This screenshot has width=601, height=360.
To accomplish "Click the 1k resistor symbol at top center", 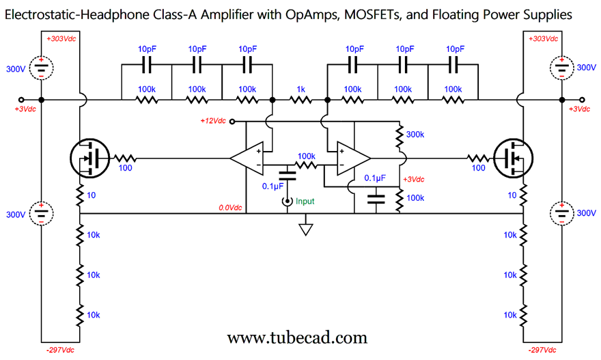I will point(300,100).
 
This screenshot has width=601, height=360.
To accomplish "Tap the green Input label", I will point(305,202).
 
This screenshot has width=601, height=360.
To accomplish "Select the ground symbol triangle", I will point(305,229).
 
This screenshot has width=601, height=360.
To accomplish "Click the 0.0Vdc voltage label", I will point(230,207).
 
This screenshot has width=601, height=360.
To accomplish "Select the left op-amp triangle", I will point(247,158).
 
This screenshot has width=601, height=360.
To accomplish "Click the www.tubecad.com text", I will point(296,337).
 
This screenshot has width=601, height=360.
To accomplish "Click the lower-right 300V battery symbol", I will point(561,214).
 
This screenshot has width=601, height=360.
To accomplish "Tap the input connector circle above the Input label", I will point(288,202).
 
